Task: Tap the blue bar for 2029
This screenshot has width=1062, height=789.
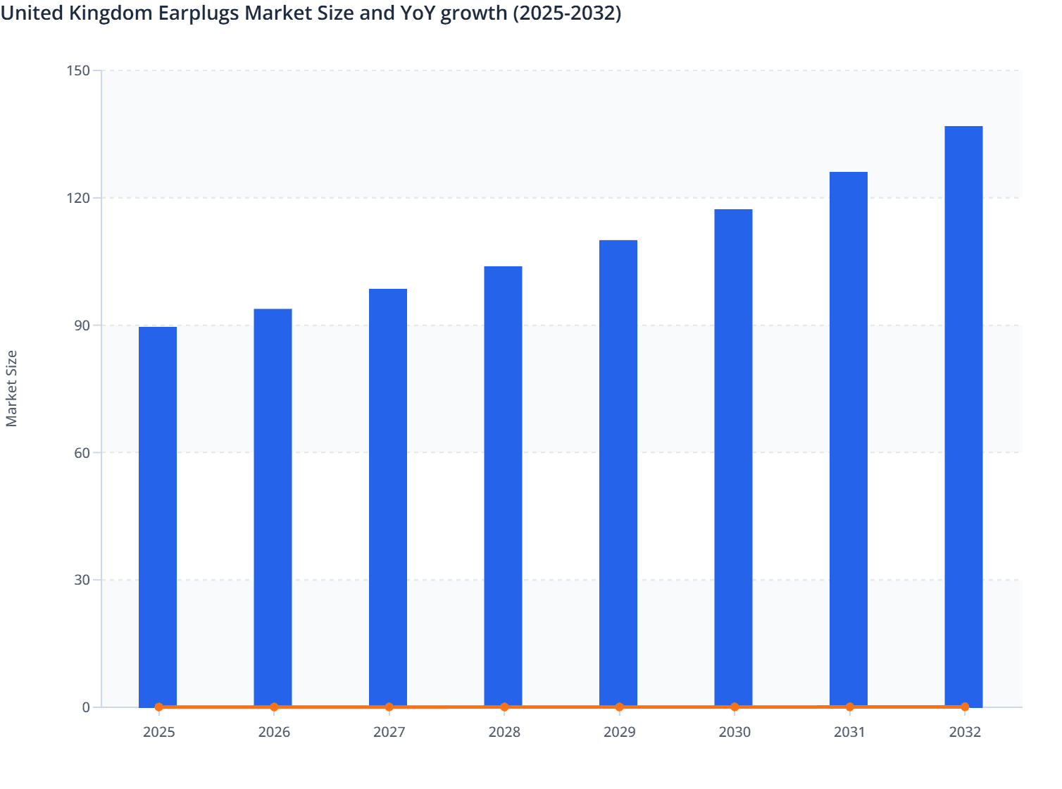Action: click(x=618, y=473)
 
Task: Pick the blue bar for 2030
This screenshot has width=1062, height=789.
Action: click(x=733, y=458)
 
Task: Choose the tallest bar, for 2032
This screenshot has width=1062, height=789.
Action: click(x=963, y=416)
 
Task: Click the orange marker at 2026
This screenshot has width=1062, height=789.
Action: click(x=274, y=707)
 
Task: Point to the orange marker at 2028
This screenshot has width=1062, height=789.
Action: click(x=504, y=707)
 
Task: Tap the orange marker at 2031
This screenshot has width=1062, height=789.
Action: click(x=849, y=707)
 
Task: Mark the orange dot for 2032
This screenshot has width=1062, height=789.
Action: click(x=965, y=707)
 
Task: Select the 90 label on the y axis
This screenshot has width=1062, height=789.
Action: click(x=82, y=325)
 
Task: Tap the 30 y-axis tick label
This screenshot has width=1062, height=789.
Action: click(x=82, y=580)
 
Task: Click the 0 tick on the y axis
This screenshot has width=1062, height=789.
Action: click(x=86, y=707)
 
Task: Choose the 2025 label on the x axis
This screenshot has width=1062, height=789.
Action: click(x=158, y=732)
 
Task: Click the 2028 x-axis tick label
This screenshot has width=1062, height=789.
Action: click(x=504, y=732)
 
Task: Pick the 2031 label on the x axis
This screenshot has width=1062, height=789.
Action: click(x=849, y=732)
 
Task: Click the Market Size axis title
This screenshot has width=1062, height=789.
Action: click(x=12, y=388)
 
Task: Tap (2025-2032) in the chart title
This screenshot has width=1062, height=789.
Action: click(x=566, y=13)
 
